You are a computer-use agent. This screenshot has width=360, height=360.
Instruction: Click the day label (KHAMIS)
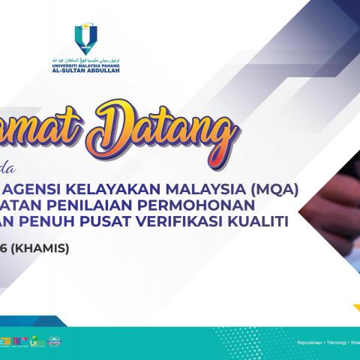click(x=45, y=228)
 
